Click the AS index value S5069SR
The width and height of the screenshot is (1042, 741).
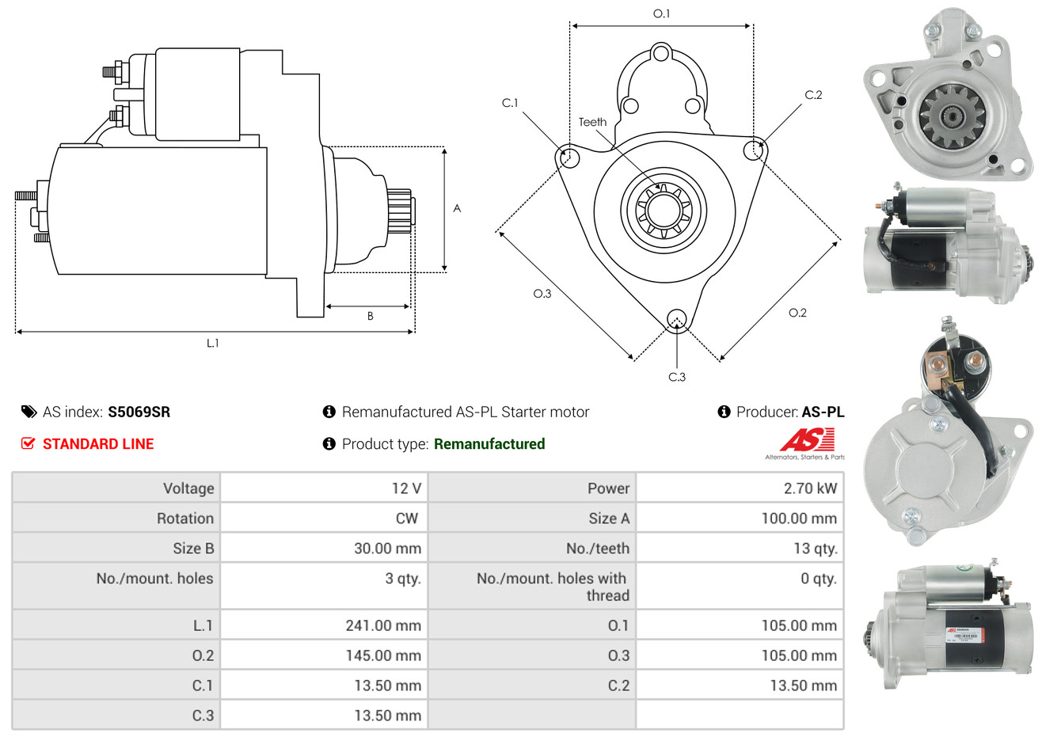pos(139,412)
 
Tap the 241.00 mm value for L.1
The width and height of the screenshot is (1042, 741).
pos(383,625)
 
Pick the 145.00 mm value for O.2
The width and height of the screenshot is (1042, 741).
pos(383,655)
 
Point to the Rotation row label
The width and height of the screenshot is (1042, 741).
pos(185,519)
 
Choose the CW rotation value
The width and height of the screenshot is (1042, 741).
pos(407,519)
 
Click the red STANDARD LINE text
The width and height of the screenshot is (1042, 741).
pos(98,444)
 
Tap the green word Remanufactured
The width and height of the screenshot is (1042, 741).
pos(489,444)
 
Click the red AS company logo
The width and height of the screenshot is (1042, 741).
pos(807,439)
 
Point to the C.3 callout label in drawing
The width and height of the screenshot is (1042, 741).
pos(677,377)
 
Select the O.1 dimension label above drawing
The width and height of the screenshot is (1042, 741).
pos(661,13)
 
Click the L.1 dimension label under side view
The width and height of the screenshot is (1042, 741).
pos(212,344)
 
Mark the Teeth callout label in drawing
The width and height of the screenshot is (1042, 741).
pos(592,122)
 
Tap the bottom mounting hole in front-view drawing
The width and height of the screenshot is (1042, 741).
pos(677,320)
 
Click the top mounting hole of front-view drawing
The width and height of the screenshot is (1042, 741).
pos(660,53)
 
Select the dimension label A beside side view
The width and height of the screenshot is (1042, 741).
pos(457,208)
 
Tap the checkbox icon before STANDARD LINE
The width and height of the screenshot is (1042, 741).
pos(28,443)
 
